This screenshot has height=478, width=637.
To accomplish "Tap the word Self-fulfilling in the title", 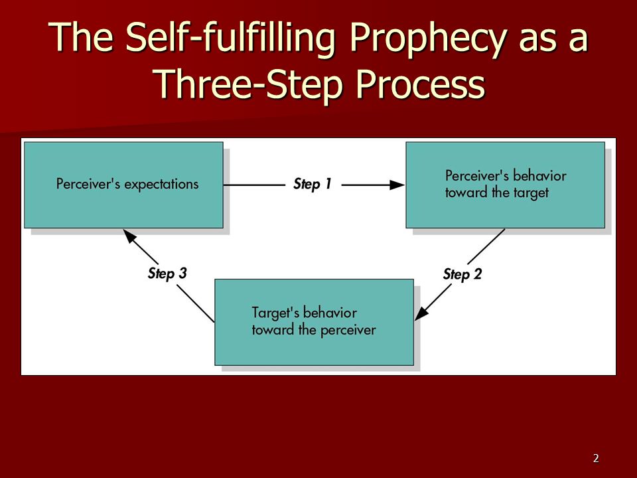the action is click(231, 37).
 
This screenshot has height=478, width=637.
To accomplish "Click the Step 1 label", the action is click(313, 184).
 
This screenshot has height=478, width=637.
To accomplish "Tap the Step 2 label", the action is click(462, 274).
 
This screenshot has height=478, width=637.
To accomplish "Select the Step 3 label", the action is click(167, 273).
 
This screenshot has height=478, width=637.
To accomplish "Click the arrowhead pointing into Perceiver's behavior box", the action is click(397, 185).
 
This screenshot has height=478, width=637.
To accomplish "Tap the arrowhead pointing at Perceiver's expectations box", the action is click(129, 236).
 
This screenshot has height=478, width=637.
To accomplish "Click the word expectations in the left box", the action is click(161, 185).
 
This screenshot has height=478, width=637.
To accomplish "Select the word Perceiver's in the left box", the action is click(88, 184).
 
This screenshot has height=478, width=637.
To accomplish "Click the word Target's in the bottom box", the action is click(275, 313).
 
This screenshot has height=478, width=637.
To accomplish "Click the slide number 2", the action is click(596, 459).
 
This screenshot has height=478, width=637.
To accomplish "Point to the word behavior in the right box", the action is click(539, 175).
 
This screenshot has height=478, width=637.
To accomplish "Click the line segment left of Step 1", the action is click(254, 185).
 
